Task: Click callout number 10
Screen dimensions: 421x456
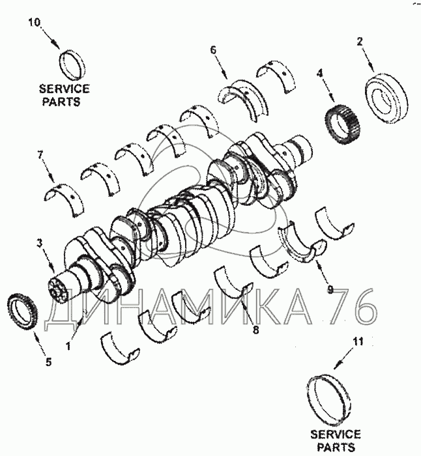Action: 35,22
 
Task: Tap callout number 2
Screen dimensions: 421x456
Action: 360,42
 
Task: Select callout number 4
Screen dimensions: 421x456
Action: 320,74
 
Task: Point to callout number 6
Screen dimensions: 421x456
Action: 213,50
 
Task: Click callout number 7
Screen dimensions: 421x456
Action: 40,155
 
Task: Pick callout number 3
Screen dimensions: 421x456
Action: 40,243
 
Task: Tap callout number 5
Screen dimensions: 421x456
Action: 49,362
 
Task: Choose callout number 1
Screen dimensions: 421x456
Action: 68,346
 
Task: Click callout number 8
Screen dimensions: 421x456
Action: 255,330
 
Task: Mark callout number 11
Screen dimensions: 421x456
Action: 358,341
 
